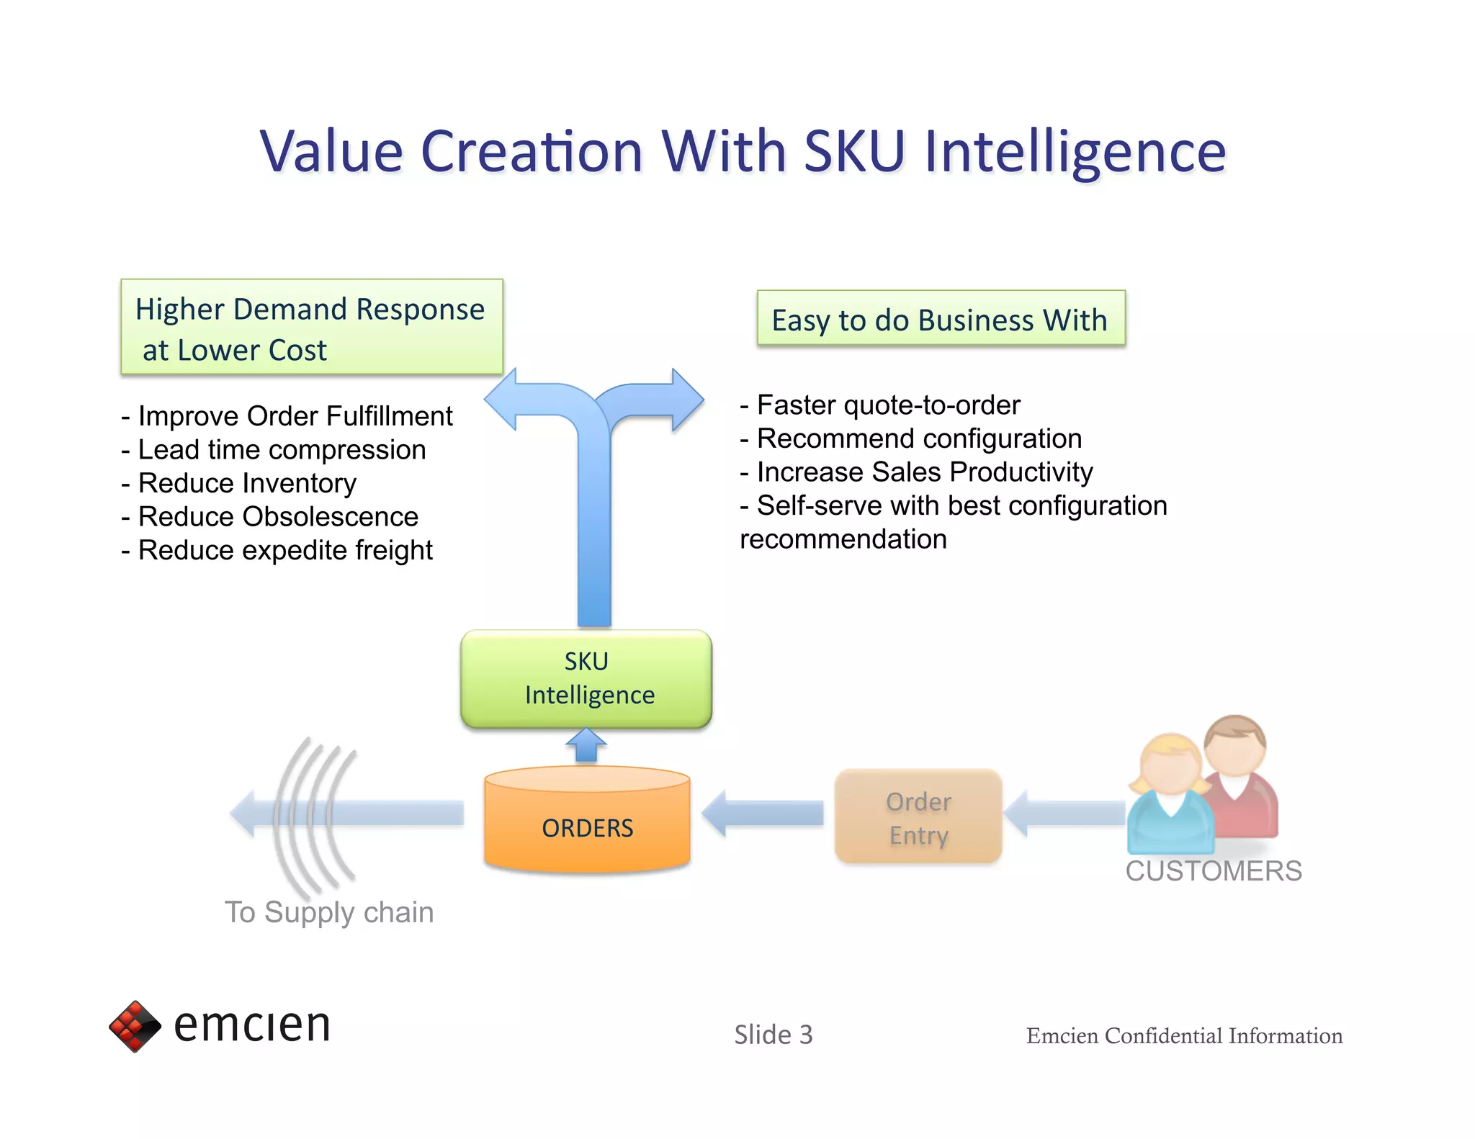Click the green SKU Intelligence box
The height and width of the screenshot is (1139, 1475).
tap(586, 678)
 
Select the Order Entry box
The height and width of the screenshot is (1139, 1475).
tap(918, 817)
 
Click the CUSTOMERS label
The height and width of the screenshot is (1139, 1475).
tap(1214, 871)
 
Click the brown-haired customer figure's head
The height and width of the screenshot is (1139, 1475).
tap(1234, 745)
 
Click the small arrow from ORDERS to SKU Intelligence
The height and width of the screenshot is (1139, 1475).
tap(586, 746)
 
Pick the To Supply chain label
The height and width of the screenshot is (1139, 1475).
tap(329, 912)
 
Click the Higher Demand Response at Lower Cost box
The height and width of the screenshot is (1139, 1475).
tap(311, 328)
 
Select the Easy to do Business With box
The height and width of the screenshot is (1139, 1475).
tap(940, 320)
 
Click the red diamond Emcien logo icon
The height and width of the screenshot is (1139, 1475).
tap(135, 1026)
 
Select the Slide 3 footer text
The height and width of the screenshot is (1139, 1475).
tap(773, 1035)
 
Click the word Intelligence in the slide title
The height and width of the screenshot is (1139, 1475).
tap(1075, 153)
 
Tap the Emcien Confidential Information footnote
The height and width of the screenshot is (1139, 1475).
tap(1184, 1036)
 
